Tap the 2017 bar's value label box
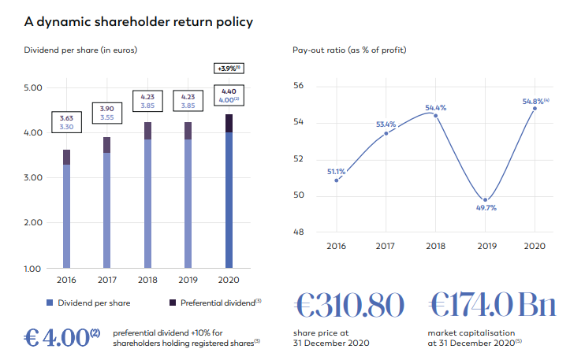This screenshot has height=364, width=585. [106, 113]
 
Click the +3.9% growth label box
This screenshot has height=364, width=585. [229, 69]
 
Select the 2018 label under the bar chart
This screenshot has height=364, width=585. [147, 280]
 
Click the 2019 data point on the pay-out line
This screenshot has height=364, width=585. [486, 199]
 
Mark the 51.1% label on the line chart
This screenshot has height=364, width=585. [337, 171]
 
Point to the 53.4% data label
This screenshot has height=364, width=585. [384, 124]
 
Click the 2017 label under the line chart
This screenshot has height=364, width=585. [386, 246]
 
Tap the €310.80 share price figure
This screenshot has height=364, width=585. [349, 304]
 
